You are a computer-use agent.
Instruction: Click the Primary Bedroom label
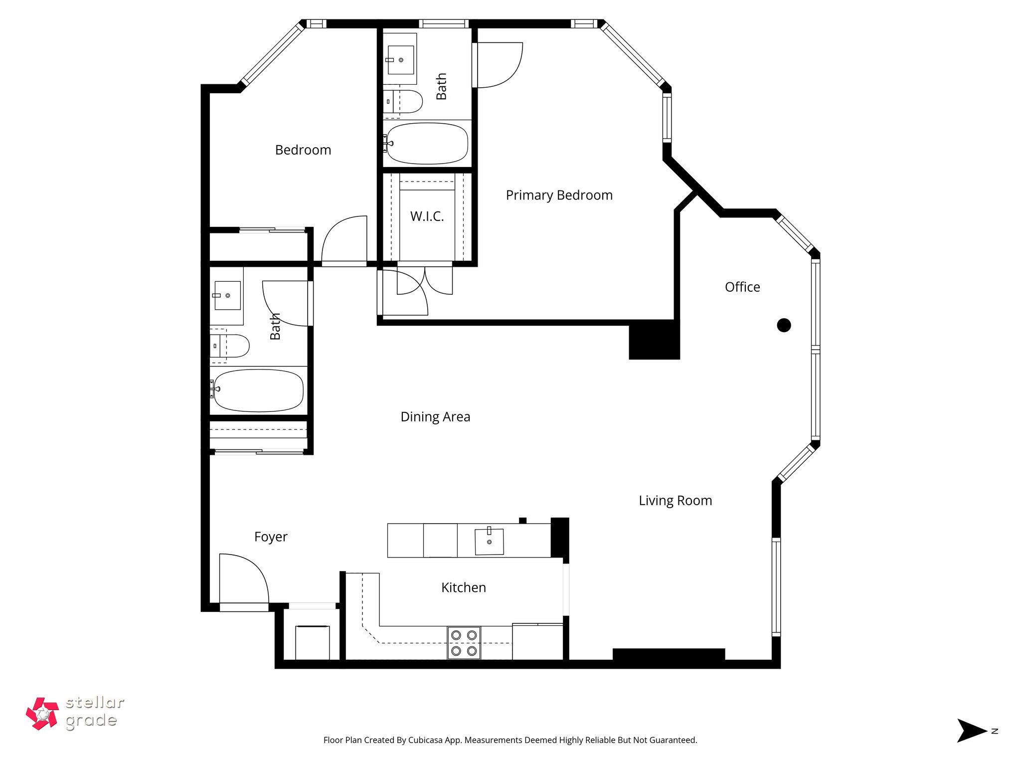coord(559,195)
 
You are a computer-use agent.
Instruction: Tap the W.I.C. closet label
coord(427,216)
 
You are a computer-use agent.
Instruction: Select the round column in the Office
coord(784,325)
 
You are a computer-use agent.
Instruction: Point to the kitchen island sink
coord(489,541)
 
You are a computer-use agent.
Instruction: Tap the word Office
coord(742,287)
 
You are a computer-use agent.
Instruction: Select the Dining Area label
coord(435,417)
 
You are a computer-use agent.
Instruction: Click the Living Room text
coord(675,500)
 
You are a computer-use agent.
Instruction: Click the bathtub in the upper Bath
coord(428,143)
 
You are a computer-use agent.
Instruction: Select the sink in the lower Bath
coord(228,295)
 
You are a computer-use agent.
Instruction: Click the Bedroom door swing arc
coord(344,239)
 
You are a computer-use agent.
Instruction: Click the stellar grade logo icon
coord(43,713)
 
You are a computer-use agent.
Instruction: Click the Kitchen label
coord(463,587)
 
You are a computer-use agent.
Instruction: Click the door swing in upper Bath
coord(499,65)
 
